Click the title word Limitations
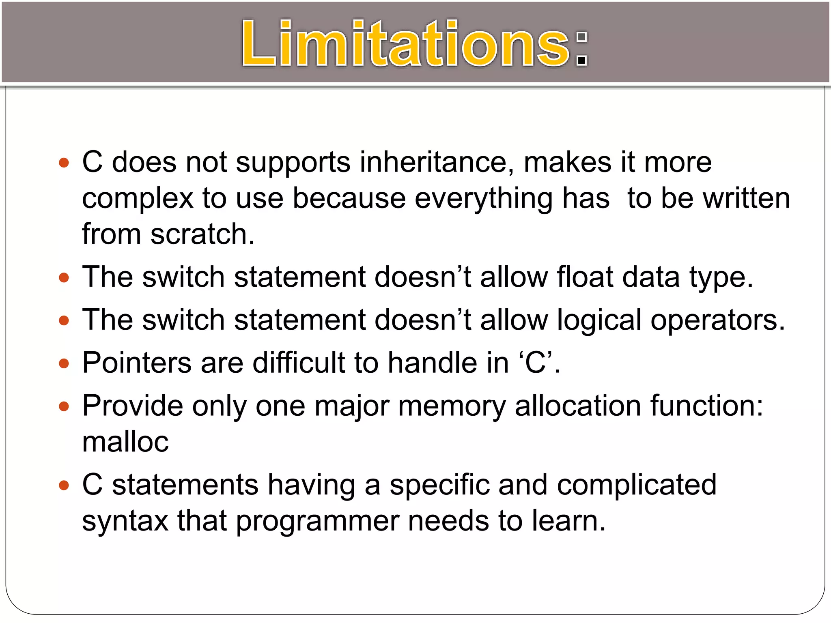pos(406,44)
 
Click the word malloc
pos(125,442)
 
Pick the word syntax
pos(125,522)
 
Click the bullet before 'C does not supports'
pos(64,163)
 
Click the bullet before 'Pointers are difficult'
pos(64,363)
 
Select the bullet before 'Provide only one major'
pos(64,406)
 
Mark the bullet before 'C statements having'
pos(64,486)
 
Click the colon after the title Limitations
pos(582,49)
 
